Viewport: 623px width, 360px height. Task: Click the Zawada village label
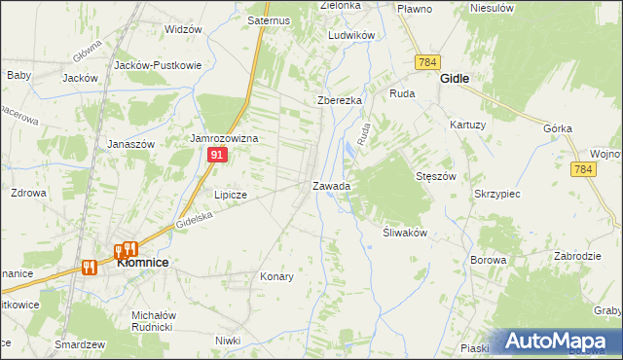(331, 186)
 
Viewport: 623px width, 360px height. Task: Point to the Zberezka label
(340, 100)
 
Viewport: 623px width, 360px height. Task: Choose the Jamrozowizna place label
(224, 139)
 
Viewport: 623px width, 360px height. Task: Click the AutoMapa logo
(562, 342)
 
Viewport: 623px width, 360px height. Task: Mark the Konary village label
(276, 276)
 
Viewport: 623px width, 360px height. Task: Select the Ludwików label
(351, 35)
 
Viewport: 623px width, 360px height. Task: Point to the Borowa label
(489, 260)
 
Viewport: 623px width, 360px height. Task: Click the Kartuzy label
(467, 125)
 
